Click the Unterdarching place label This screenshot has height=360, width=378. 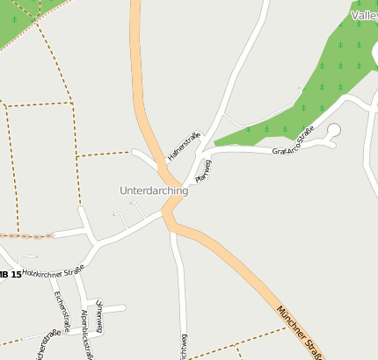154,191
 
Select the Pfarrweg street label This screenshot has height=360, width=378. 203,170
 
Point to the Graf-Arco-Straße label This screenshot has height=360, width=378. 294,142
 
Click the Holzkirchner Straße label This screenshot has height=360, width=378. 55,271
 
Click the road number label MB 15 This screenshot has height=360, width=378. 10,275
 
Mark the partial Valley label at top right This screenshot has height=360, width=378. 364,15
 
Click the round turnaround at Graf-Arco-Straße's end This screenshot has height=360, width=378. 334,131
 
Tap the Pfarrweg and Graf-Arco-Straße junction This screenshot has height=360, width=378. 208,155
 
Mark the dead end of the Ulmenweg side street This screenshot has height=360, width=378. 124,307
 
